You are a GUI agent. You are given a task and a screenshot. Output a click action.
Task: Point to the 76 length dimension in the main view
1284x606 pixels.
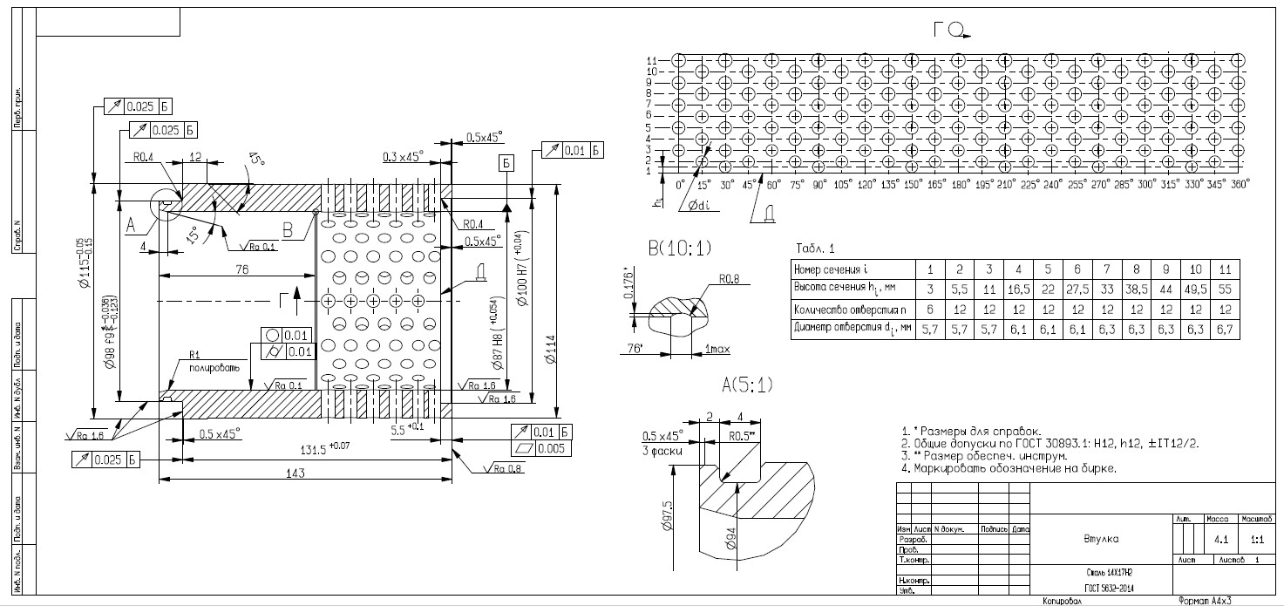pyautogui.click(x=241, y=271)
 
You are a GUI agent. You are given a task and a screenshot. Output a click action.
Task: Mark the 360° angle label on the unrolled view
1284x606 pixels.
pyautogui.click(x=1239, y=185)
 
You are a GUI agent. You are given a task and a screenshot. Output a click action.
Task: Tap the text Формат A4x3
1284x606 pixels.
pyautogui.click(x=1204, y=601)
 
